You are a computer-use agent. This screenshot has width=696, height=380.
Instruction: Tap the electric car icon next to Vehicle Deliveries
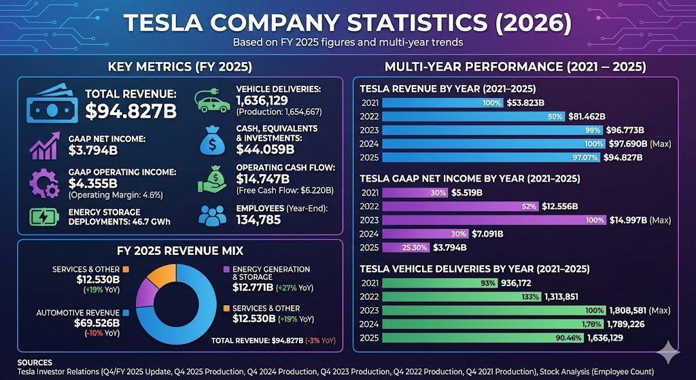click(x=211, y=101)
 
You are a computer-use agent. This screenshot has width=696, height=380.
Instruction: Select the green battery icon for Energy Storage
click(x=44, y=217)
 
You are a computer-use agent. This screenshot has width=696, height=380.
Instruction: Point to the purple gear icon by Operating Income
click(x=44, y=182)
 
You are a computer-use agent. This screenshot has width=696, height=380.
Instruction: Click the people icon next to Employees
click(x=211, y=215)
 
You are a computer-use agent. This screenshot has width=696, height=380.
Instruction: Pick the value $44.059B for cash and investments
click(x=265, y=149)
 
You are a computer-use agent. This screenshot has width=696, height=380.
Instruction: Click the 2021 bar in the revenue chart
click(x=442, y=103)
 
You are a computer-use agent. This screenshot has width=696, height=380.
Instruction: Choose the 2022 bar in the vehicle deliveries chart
click(x=462, y=296)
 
